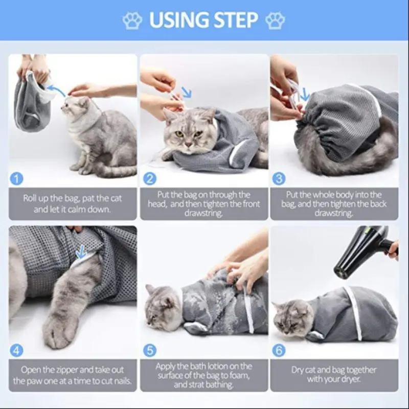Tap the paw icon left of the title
coord(132,20)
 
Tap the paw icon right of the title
coord(275,20)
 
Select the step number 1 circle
coord(16,179)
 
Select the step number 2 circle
coord(150,179)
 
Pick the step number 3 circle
coord(279,179)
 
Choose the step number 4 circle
coord(16,351)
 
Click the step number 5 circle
coord(150,351)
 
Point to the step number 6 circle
coord(279,351)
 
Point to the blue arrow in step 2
coord(186,92)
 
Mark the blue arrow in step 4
coord(81,252)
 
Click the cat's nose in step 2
coord(188,144)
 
